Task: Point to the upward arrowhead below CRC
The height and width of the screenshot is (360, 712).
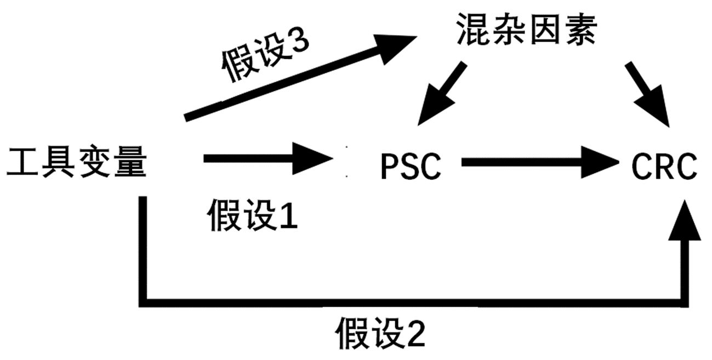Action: [x=685, y=222]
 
